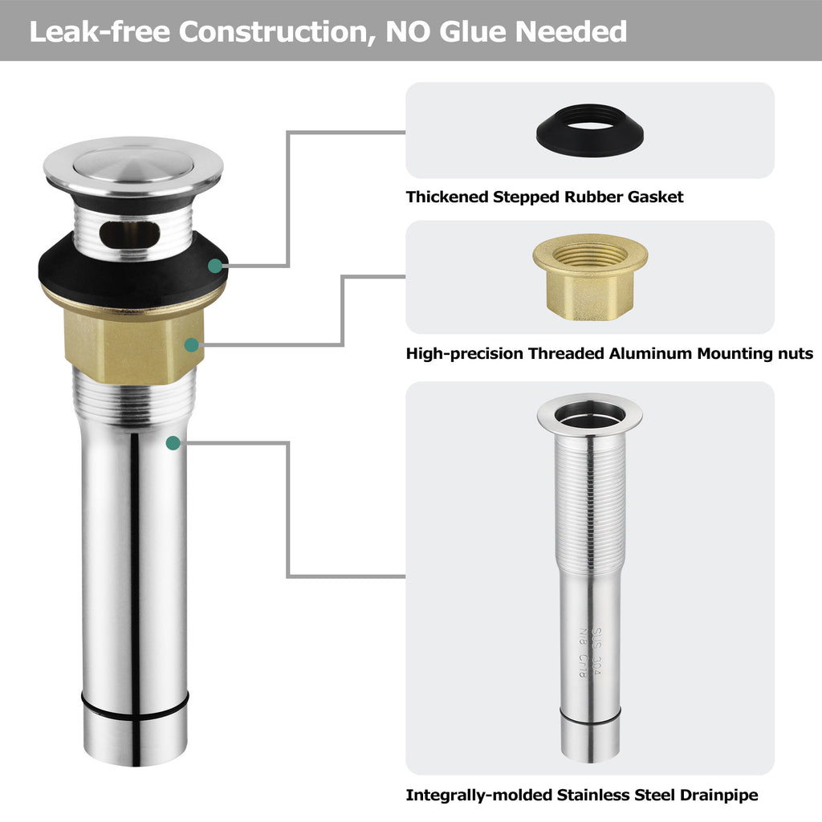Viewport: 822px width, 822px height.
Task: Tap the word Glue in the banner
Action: coord(474,31)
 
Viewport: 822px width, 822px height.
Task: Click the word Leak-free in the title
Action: coord(100,31)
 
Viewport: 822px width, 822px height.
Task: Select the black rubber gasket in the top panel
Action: coord(590,130)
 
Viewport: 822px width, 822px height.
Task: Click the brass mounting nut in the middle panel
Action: coord(590,277)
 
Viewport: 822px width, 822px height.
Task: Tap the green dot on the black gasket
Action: coord(215,266)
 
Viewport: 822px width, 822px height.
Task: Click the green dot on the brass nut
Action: coord(191,345)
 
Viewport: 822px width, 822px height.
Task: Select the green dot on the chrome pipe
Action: coord(173,443)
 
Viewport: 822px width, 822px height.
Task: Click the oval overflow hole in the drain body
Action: coord(129,234)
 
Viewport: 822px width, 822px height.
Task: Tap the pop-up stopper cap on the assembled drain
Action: coord(133,167)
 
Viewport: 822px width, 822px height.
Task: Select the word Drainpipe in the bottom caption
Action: coord(718,796)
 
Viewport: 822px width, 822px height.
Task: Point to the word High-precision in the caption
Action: coord(465,354)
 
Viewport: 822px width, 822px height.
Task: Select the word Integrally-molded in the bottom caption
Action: coord(479,796)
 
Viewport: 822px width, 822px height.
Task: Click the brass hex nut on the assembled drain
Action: coord(134,344)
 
